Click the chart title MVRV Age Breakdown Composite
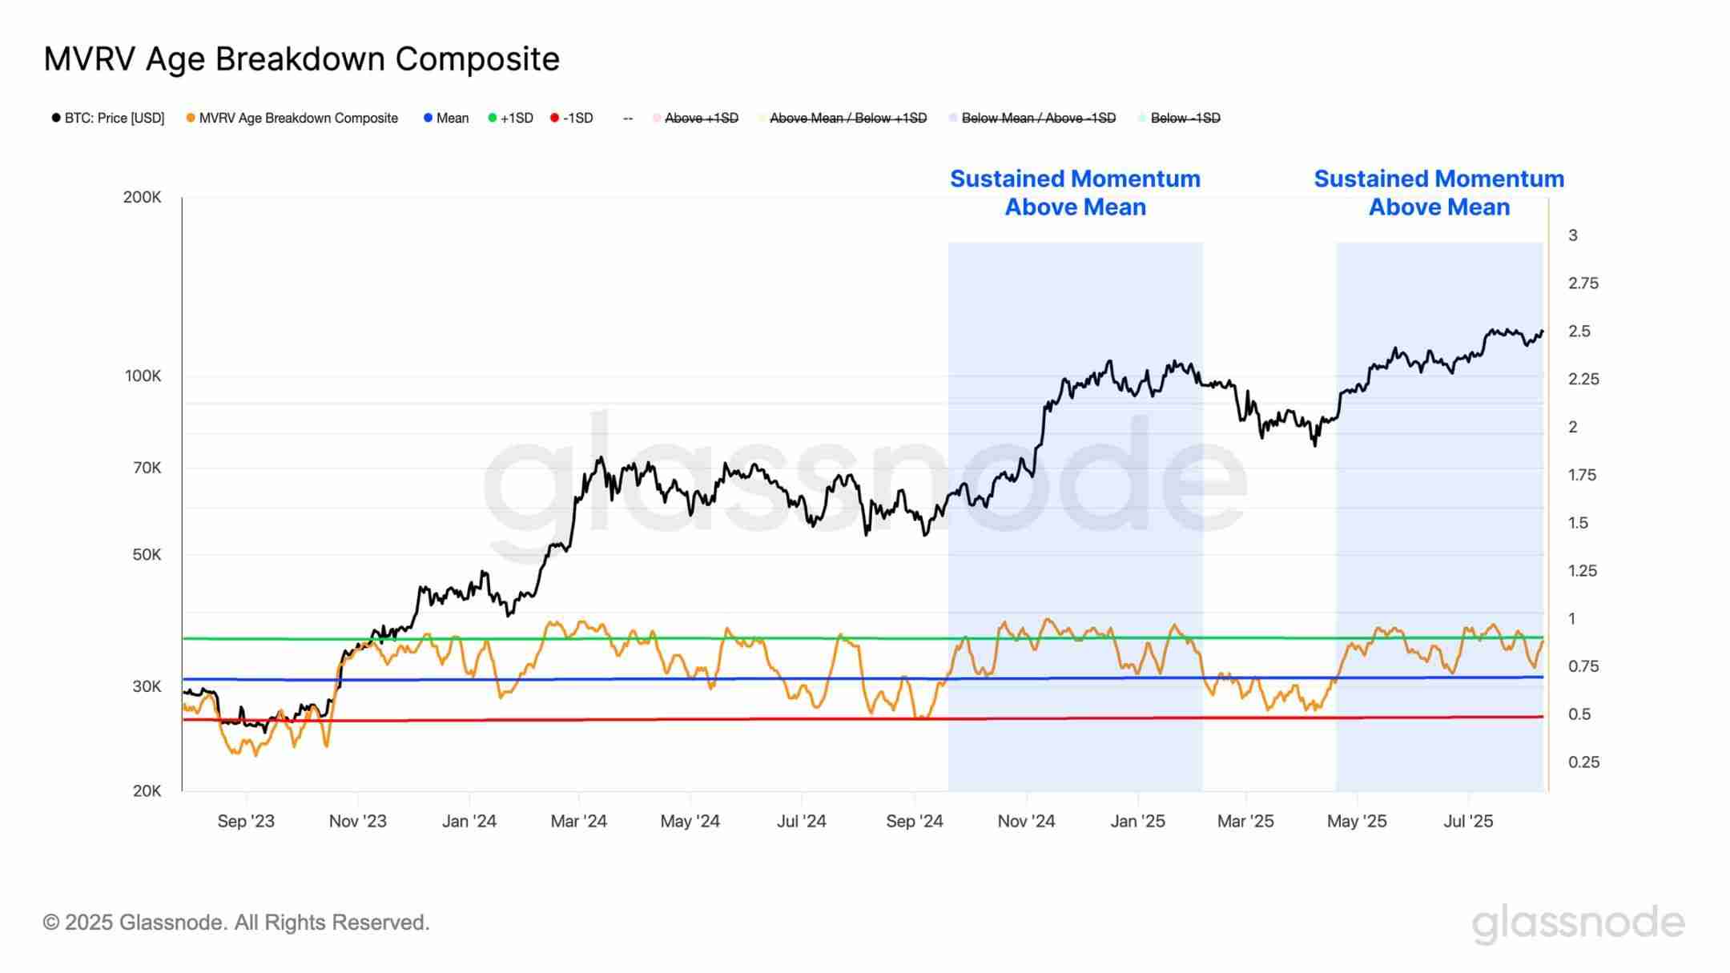tap(301, 59)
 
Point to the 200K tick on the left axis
tap(142, 197)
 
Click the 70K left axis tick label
tap(147, 468)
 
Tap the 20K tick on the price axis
tap(147, 791)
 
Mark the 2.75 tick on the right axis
tap(1583, 283)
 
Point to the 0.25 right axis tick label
tap(1583, 762)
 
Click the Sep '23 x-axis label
tap(246, 822)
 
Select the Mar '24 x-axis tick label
tap(578, 822)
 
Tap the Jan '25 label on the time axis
tap(1137, 822)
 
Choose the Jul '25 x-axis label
tap(1468, 822)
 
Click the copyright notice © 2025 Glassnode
tap(236, 923)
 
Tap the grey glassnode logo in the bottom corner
tap(1578, 923)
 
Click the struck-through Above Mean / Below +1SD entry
tap(847, 119)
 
